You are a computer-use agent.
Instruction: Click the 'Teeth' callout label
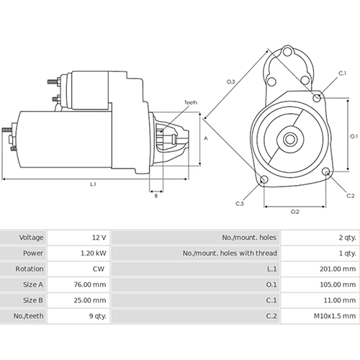point(190,103)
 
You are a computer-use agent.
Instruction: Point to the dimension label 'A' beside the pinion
point(205,137)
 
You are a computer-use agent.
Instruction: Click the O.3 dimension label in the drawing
point(231,82)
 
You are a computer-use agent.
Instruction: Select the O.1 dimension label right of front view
point(354,135)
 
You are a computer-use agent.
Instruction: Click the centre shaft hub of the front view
point(292,138)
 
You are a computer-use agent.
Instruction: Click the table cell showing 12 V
point(98,237)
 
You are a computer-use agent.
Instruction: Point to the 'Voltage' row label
point(32,237)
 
